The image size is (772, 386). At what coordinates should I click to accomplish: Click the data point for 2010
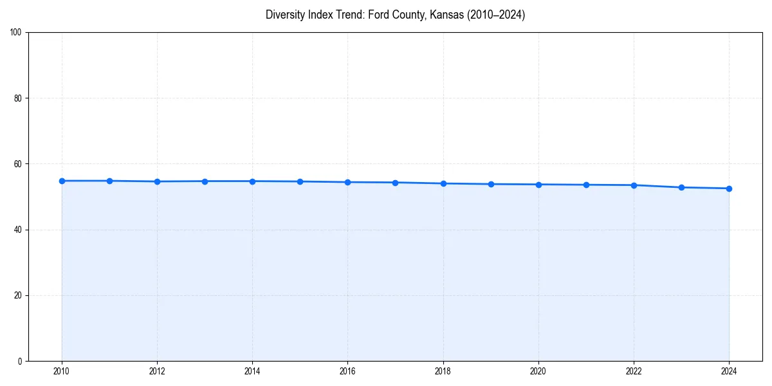point(62,181)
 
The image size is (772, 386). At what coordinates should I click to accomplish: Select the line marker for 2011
point(109,181)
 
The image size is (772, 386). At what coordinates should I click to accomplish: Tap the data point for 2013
point(205,181)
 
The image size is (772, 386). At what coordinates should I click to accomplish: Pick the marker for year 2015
point(300,181)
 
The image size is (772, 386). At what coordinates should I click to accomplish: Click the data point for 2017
point(395,183)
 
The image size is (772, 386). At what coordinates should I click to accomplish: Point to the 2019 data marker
point(491,184)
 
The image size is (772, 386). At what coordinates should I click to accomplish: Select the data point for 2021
point(586,185)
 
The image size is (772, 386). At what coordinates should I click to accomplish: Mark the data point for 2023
point(681,187)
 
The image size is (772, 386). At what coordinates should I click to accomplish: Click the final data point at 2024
point(729,188)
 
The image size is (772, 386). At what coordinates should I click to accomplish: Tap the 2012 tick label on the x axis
point(157,371)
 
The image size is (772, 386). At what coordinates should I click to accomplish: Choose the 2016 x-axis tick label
point(347,371)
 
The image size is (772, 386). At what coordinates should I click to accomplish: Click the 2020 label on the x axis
point(538,371)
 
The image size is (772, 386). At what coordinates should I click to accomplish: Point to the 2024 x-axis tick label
point(729,371)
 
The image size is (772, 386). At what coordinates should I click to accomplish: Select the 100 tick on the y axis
point(17,33)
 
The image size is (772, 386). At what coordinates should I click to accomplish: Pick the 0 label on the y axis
point(21,361)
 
